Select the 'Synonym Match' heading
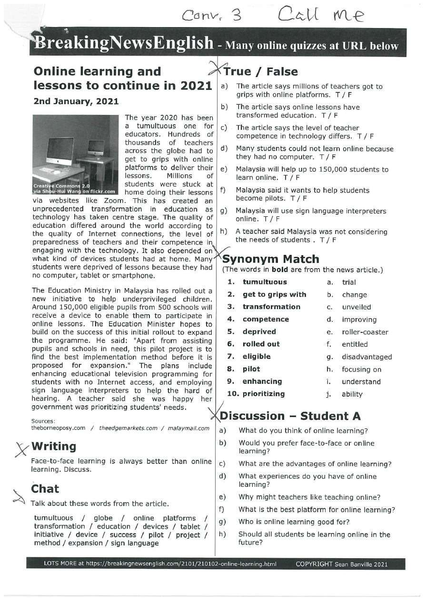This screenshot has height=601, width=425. pyautogui.click(x=271, y=259)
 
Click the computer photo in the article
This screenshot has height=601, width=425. pyautogui.click(x=76, y=155)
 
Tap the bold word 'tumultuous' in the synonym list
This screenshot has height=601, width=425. pyautogui.click(x=265, y=282)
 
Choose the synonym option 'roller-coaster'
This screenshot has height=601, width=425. pyautogui.click(x=365, y=332)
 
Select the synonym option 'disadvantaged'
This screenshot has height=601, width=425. pyautogui.click(x=367, y=357)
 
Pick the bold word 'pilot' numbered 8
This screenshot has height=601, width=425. pyautogui.click(x=251, y=368)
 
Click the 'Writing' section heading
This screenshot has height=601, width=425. pyautogui.click(x=53, y=446)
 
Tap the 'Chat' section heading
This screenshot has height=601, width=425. pyautogui.click(x=45, y=489)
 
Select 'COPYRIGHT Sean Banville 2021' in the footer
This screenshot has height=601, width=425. pyautogui.click(x=341, y=564)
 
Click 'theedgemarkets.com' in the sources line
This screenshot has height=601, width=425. pyautogui.click(x=128, y=428)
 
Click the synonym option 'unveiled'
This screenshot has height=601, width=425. pyautogui.click(x=356, y=307)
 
